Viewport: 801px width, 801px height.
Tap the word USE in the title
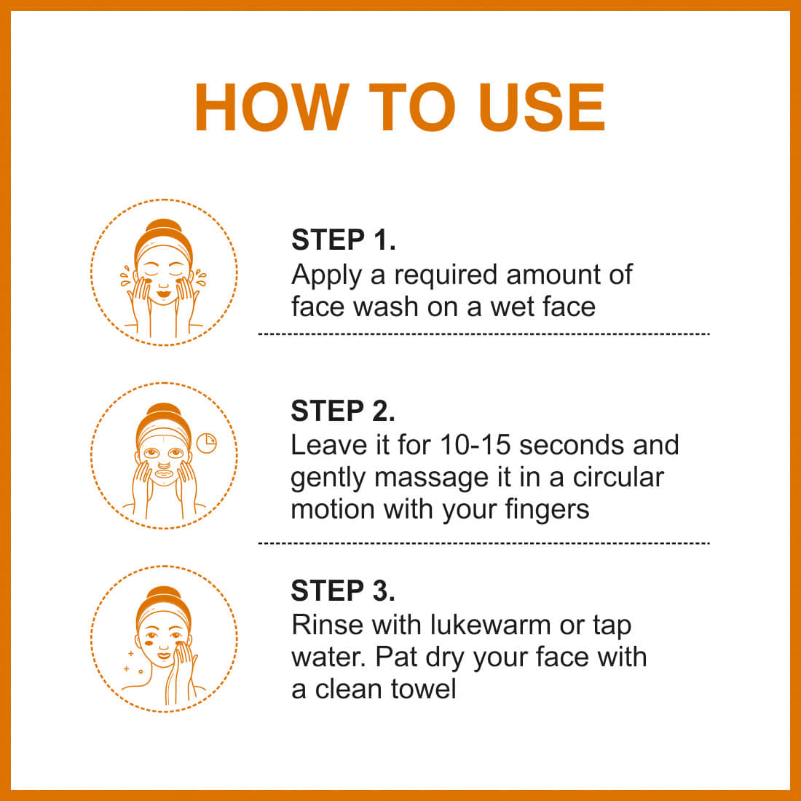541,107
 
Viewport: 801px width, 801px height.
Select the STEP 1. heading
343,240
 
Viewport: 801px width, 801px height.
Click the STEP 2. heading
343,411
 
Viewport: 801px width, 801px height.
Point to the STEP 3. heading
343,591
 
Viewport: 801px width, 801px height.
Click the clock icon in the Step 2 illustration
206,443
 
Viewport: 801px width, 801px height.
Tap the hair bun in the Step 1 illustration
163,228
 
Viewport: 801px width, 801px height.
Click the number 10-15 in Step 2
475,445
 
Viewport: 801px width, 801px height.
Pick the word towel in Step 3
423,689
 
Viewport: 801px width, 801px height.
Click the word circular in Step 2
618,477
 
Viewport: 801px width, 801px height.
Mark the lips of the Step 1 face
163,293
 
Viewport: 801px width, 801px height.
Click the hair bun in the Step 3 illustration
163,595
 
